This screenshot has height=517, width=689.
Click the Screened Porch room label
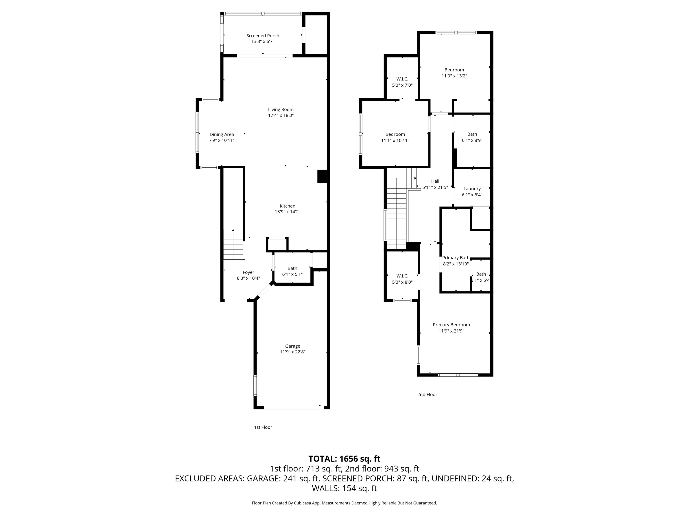click(263, 35)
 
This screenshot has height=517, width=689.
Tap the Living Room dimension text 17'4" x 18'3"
click(281, 115)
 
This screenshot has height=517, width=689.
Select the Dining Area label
click(221, 134)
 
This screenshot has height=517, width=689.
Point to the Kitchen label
click(287, 206)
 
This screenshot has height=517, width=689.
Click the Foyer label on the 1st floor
click(248, 272)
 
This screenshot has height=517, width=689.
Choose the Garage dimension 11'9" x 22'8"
click(292, 352)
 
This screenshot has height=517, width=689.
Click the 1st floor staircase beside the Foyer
click(233, 244)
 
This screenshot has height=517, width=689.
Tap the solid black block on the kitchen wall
click(322, 176)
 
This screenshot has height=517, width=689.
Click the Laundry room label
click(472, 188)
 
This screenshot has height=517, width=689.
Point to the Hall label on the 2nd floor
click(435, 181)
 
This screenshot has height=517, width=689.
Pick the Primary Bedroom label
click(451, 325)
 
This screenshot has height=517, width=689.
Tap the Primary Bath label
click(455, 258)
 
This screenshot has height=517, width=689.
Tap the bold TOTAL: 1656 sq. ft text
click(344, 459)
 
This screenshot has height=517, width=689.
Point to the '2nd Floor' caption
click(427, 394)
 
